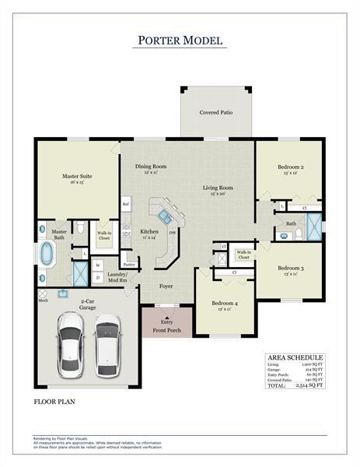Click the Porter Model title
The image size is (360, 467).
[180, 40]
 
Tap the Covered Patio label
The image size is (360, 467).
[215, 113]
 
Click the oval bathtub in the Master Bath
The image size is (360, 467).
[47, 254]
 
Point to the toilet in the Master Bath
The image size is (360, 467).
[79, 229]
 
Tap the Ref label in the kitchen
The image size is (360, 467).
[125, 205]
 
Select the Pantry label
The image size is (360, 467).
[129, 265]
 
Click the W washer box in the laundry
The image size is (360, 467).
[98, 265]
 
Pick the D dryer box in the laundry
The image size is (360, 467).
[98, 277]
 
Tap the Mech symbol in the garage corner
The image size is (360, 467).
[43, 295]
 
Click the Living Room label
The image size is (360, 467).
[218, 190]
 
